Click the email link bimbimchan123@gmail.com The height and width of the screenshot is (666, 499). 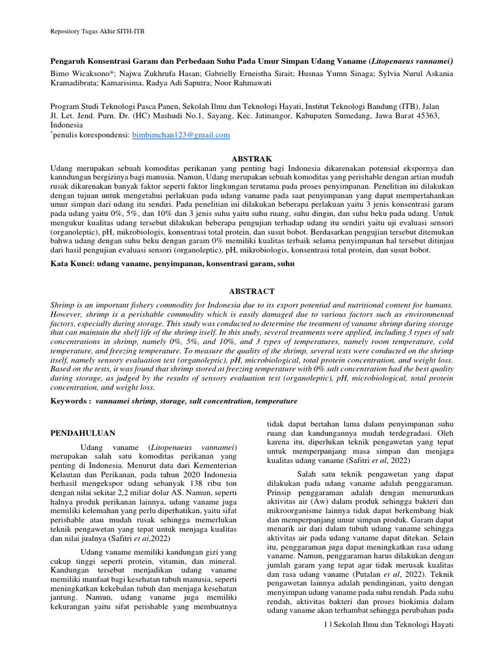pos(181,135)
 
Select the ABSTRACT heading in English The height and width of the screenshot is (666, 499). pos(251,291)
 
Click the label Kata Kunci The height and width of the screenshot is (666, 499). pos(71,264)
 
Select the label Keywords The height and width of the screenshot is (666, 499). pos(70,401)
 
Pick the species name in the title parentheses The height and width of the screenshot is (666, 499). pos(411,60)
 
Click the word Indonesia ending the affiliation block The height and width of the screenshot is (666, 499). pos(67,125)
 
